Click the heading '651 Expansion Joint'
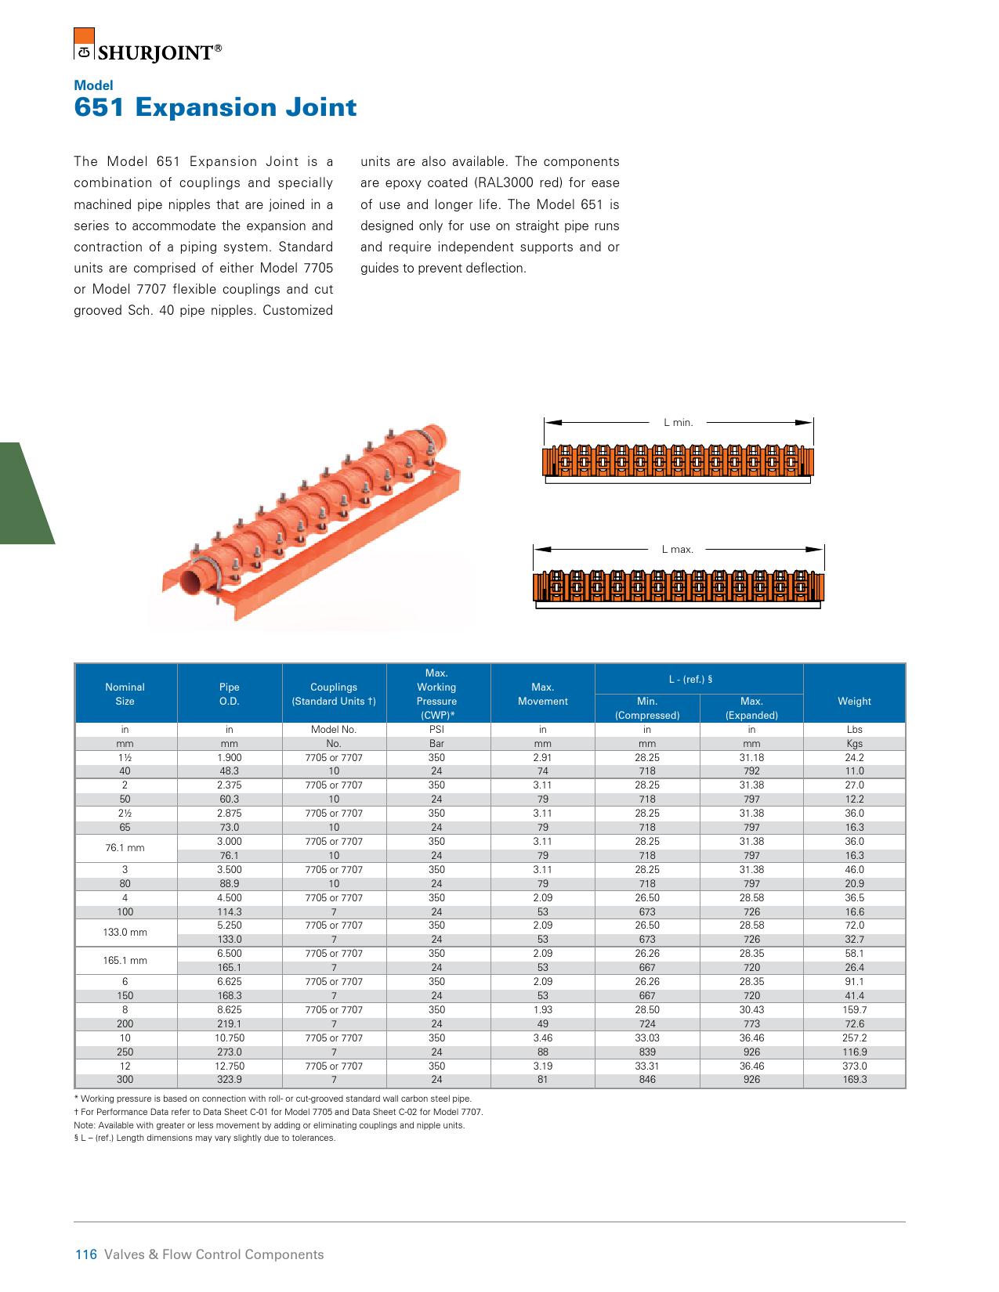point(215,107)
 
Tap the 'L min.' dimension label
point(678,422)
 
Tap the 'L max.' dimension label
point(677,550)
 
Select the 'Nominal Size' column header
point(125,694)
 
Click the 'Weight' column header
point(854,701)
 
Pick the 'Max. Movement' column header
point(542,694)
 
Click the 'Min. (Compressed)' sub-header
point(647,708)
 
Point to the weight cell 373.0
point(854,1066)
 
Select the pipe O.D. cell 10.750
point(230,1038)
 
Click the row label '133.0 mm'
point(125,932)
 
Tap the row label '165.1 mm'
point(125,960)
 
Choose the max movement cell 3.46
point(542,1038)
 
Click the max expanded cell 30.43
point(751,1009)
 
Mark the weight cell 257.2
point(854,1038)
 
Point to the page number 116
point(85,1254)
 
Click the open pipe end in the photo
point(193,583)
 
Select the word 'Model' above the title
point(93,85)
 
